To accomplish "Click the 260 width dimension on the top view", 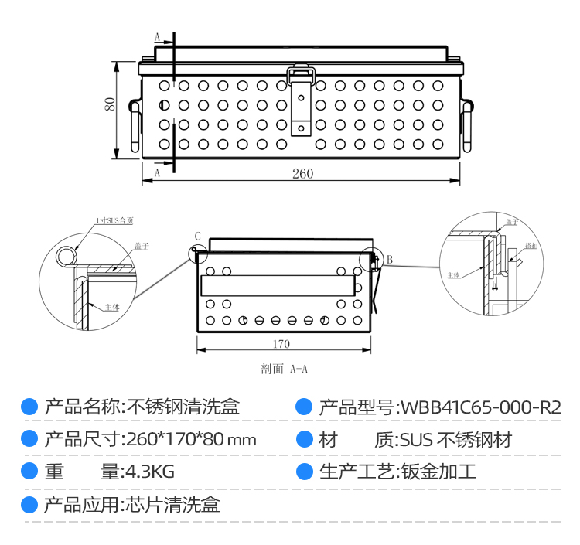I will click(302, 174).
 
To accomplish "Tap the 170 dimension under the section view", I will click(281, 343).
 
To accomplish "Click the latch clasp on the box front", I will click(301, 100).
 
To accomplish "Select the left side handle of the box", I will click(135, 125).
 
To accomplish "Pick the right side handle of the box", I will click(467, 125).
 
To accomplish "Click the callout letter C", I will click(197, 237).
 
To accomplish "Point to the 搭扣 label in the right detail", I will click(531, 245).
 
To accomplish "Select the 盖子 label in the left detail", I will click(140, 245).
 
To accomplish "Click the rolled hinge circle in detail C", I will click(67, 256).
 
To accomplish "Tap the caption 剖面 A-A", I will click(285, 370).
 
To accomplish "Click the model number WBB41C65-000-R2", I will click(479, 407).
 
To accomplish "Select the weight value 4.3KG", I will click(150, 472).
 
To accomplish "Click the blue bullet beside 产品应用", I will click(29, 505).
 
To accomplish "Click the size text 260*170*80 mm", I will click(190, 440).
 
